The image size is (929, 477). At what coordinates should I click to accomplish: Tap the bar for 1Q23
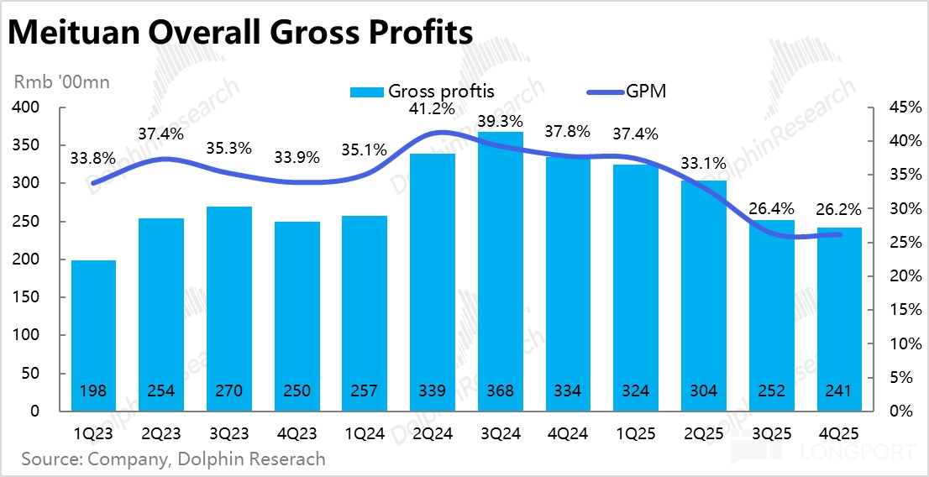pos(93,335)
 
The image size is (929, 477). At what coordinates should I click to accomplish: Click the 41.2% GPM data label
pos(432,108)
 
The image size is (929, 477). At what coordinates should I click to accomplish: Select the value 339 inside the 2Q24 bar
pos(432,391)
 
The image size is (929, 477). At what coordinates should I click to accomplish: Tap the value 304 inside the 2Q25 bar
pos(703,391)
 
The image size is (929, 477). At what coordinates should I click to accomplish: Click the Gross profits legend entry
pos(423,92)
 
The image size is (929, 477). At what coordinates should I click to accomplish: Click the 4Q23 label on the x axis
pos(297,434)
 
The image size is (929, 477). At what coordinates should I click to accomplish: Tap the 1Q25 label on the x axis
pos(635,434)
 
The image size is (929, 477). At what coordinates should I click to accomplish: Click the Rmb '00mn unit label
pos(61,82)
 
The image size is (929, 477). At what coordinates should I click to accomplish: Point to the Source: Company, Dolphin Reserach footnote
pos(173,459)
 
